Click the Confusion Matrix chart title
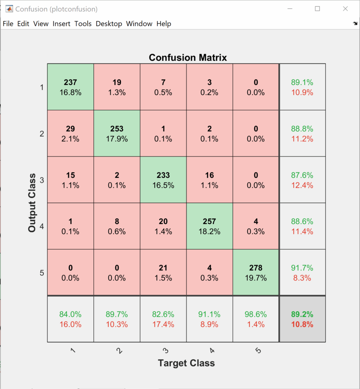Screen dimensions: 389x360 point(188,58)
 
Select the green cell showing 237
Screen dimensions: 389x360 point(70,87)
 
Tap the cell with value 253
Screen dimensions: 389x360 point(117,133)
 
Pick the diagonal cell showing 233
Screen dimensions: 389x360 point(163,180)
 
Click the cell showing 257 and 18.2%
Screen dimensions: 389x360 point(210,226)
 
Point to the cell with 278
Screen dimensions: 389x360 point(256,272)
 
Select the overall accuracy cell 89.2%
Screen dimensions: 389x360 point(302,319)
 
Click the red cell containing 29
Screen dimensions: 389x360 point(70,133)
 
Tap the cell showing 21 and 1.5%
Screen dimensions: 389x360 point(163,272)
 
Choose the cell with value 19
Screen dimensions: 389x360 point(117,87)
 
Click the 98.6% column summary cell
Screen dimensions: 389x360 point(256,319)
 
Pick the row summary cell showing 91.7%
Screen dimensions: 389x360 point(302,272)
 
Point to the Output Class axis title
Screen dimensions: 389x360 point(32,203)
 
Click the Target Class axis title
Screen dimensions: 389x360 point(186,363)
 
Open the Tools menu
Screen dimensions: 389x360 point(83,24)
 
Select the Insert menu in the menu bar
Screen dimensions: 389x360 point(61,24)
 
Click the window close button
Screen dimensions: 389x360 point(345,9)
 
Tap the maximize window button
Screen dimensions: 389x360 point(317,9)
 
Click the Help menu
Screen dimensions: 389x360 point(164,24)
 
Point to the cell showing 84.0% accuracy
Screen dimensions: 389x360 point(70,319)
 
